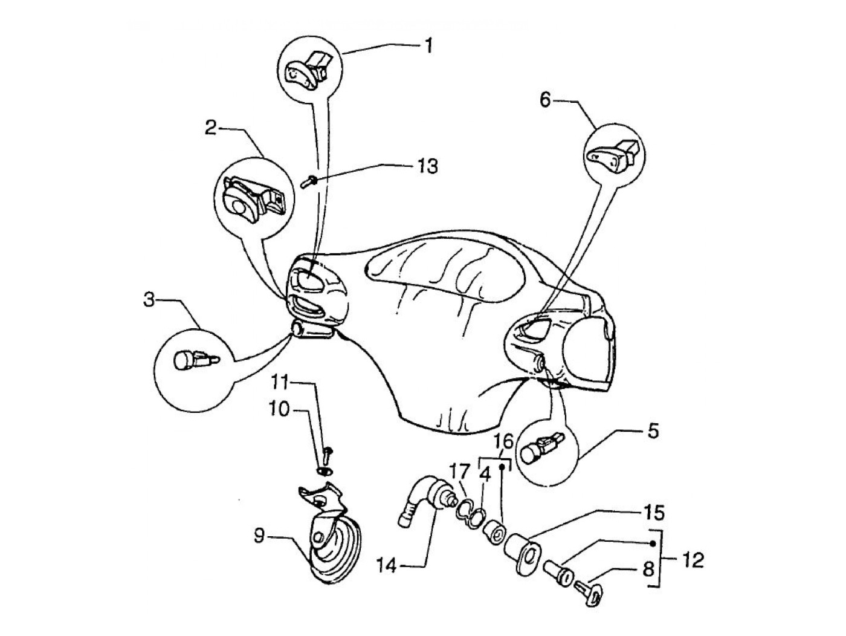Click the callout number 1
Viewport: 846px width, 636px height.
(x=428, y=45)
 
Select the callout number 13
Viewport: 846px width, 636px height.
(x=427, y=166)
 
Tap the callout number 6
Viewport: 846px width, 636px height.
(x=545, y=100)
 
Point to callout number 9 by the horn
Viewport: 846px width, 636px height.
(x=259, y=536)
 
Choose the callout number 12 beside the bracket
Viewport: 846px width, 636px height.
(x=693, y=560)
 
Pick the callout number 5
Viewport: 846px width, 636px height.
(x=653, y=432)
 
